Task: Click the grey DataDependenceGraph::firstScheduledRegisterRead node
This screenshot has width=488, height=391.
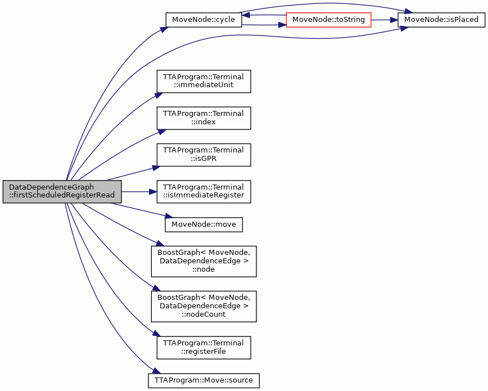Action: click(62, 192)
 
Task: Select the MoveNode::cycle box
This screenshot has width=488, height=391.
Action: click(204, 20)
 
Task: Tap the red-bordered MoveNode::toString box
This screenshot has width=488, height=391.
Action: click(328, 20)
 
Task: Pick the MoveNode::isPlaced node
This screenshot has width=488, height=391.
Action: click(441, 20)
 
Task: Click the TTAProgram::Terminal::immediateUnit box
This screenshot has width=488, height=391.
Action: click(204, 82)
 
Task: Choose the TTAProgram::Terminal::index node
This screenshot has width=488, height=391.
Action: click(204, 118)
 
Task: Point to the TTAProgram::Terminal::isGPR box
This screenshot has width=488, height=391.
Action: click(204, 155)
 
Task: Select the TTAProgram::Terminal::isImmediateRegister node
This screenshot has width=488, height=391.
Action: click(204, 192)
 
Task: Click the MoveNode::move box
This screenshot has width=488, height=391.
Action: click(204, 224)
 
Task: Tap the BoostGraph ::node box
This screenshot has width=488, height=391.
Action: click(204, 261)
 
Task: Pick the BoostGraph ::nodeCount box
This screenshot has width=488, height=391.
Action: click(204, 306)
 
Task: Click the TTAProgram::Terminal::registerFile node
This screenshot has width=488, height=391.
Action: click(204, 347)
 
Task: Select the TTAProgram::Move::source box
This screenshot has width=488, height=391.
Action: click(204, 380)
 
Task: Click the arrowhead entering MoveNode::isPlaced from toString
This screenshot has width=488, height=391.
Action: click(394, 20)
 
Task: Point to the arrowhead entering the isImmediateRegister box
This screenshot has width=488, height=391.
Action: click(153, 192)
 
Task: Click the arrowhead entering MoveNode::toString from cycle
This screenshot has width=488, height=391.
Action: click(282, 24)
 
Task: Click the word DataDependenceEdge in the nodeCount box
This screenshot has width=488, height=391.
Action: click(204, 306)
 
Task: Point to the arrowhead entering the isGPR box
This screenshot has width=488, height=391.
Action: click(156, 168)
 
